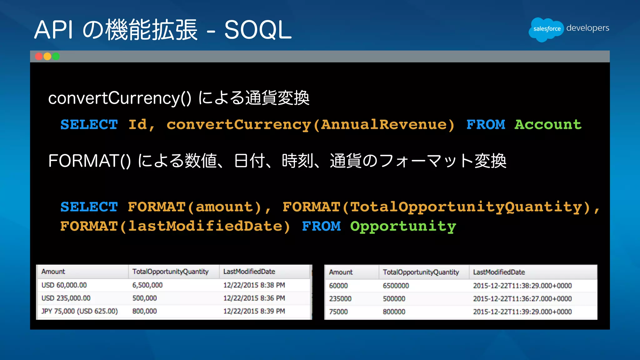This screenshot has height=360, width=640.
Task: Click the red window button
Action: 39,56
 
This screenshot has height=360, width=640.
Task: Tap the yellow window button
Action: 47,56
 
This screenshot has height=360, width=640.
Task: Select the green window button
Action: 56,56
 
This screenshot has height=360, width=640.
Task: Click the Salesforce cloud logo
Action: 546,29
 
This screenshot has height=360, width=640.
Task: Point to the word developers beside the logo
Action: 587,28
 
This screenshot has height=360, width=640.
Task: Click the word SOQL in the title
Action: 258,30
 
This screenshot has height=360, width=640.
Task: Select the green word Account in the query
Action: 548,124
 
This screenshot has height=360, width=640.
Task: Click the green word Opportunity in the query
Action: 403,226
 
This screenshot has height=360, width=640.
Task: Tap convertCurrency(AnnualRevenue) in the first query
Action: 310,124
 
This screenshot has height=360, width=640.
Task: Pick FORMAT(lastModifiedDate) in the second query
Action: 175,226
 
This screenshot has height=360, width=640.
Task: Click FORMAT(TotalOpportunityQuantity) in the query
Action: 436,207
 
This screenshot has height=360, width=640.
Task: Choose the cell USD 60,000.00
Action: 64,285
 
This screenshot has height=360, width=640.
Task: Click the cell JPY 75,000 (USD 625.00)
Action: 79,311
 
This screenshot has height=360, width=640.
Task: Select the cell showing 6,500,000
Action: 147,285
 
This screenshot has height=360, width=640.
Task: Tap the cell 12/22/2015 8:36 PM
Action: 254,298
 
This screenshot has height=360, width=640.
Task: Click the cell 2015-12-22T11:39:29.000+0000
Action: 522,312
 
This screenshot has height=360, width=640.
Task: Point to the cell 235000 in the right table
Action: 340,299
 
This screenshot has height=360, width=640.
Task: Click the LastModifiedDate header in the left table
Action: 249,272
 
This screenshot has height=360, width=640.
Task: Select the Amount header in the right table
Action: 341,272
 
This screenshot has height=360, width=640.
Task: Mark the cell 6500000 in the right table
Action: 396,286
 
